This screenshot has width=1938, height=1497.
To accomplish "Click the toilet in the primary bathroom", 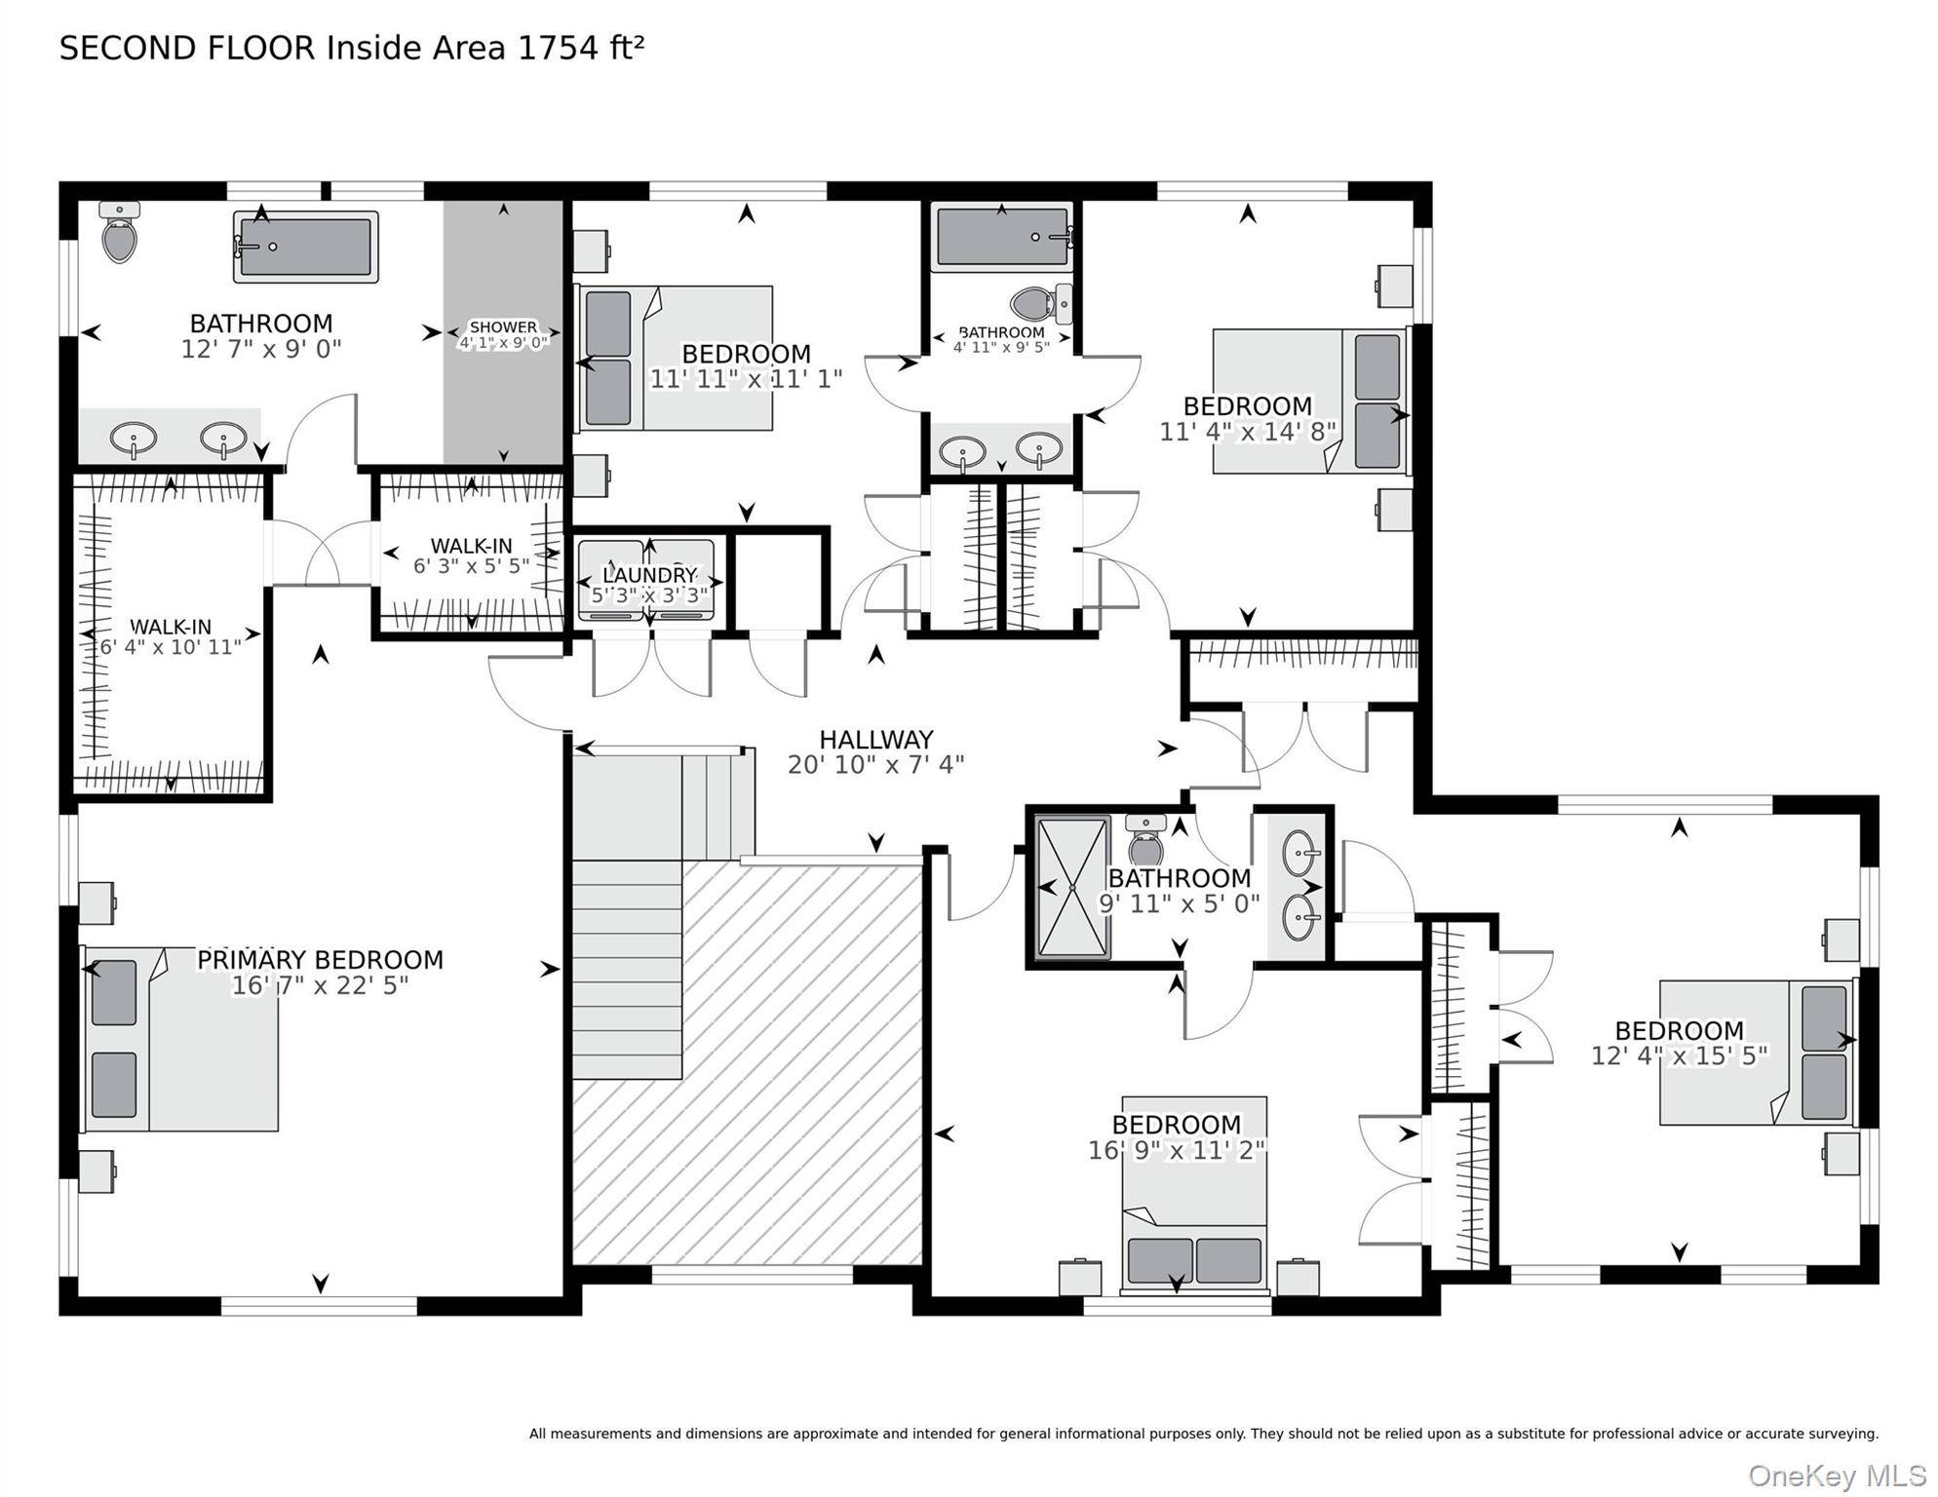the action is point(119,233).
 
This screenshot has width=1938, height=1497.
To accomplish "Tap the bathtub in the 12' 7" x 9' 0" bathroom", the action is point(305,248).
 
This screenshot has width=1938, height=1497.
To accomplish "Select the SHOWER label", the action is point(503,327).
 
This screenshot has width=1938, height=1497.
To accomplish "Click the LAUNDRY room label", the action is point(649,575).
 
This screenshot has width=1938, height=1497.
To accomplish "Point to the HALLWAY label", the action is point(875,740).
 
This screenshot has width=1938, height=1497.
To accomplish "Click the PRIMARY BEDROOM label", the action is point(320,960).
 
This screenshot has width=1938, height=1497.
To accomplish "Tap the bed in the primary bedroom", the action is point(180,1039).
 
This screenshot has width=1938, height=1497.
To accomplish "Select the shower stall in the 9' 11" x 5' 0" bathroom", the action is point(1072,888).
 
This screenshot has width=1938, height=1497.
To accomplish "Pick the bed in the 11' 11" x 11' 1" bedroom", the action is point(676,358).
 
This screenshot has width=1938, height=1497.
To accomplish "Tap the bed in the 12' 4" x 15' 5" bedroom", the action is point(1758,1052).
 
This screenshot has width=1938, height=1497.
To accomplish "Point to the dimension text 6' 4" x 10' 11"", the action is point(171,647).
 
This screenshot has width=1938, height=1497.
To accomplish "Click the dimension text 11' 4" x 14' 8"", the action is point(1247,431).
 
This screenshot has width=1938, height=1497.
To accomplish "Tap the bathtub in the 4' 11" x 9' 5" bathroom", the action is point(1002,237).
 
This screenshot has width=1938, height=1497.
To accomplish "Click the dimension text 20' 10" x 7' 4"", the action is point(875,765).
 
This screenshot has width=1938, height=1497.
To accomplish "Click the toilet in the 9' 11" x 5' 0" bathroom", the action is point(1145,840).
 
